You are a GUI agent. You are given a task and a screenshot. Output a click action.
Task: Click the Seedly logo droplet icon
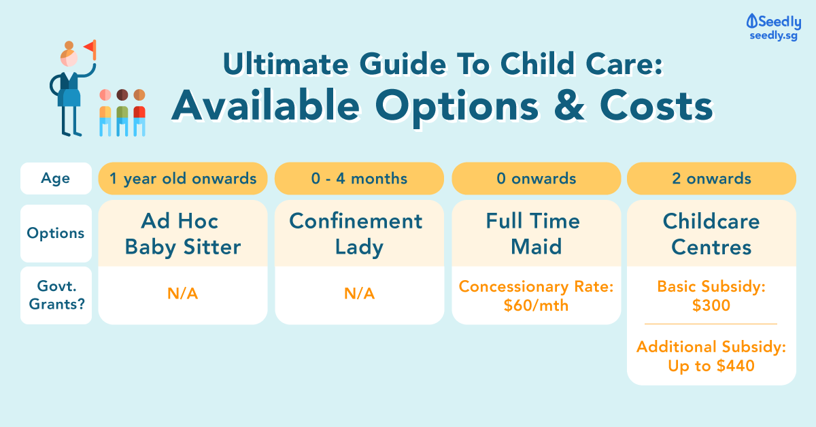tap(751, 21)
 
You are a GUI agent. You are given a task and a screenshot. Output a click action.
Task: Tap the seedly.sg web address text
tap(773, 36)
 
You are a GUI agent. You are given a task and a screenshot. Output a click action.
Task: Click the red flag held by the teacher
tap(90, 49)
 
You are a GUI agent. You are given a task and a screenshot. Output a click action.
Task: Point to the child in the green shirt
tap(122, 113)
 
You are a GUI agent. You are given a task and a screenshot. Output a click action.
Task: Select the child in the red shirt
tap(139, 113)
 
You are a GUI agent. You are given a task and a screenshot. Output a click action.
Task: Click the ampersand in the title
tap(569, 105)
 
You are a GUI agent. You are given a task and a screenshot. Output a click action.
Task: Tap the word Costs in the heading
tap(656, 105)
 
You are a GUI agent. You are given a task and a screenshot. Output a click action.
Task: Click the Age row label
tap(56, 178)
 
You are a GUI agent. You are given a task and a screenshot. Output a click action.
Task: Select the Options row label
tap(56, 233)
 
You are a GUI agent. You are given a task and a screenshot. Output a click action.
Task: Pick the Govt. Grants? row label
tap(56, 295)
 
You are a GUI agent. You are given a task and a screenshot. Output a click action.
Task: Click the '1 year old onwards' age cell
tap(183, 179)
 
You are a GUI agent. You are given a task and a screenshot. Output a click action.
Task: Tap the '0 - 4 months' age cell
tap(359, 179)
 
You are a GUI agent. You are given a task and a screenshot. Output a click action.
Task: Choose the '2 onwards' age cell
tap(711, 179)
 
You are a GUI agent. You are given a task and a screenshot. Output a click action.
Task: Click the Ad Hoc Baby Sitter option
tap(183, 233)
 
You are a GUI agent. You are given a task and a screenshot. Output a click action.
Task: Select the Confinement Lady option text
tap(356, 233)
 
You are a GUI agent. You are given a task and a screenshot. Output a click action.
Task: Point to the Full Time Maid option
tap(534, 233)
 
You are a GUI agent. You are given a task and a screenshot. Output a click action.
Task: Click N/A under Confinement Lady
tap(359, 294)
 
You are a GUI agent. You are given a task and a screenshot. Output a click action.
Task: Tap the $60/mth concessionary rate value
tap(536, 305)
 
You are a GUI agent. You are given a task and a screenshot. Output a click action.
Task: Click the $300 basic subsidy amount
tap(711, 305)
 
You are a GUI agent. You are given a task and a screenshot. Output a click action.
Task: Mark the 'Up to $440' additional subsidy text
tap(711, 366)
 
